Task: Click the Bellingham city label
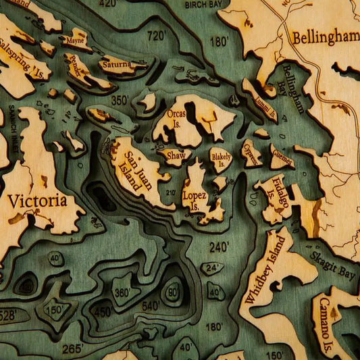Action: [x=325, y=37]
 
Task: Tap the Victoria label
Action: [x=37, y=201]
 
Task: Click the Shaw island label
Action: [x=175, y=155]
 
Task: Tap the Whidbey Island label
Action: [x=266, y=269]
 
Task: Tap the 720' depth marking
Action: [x=156, y=35]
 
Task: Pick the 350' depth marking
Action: [x=120, y=100]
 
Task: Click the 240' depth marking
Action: [x=219, y=248]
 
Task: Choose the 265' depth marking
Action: [x=72, y=348]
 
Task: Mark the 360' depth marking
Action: [x=122, y=292]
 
